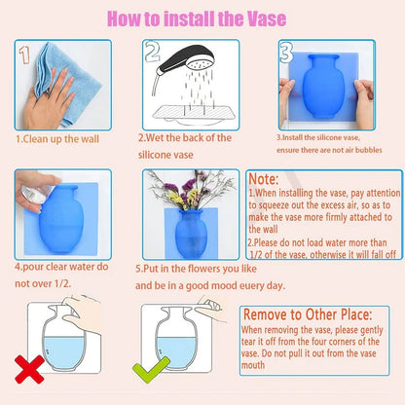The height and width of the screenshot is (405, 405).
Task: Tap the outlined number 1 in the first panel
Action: (24, 55)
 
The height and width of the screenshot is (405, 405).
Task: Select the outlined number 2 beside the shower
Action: (152, 51)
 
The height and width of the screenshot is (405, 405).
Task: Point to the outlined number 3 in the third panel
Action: (286, 53)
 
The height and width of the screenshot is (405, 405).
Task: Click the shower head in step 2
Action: (186, 61)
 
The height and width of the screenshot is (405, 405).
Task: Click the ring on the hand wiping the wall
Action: (48, 93)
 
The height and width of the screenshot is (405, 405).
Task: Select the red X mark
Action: (29, 369)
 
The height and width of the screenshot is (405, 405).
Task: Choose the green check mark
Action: (151, 369)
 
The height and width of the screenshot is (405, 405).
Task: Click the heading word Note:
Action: (264, 179)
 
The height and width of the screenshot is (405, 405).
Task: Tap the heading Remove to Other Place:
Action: (308, 314)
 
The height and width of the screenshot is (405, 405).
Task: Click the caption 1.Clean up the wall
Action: (57, 139)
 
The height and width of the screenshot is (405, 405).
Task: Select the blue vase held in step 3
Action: (323, 87)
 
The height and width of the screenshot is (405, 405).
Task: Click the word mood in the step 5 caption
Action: (225, 286)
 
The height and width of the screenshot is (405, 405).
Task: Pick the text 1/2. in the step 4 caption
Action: (62, 283)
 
